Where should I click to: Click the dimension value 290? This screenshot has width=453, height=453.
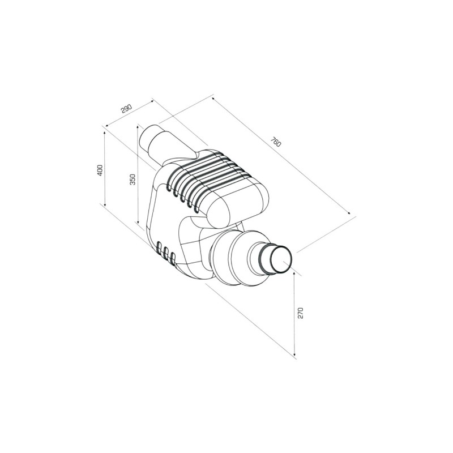(x=126, y=107)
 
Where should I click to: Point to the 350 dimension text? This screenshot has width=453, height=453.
(x=133, y=179)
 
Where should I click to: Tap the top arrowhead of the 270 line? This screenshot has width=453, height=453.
(x=295, y=275)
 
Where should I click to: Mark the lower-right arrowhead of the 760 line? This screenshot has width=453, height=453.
(x=351, y=215)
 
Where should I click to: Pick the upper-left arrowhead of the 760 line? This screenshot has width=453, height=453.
(x=213, y=98)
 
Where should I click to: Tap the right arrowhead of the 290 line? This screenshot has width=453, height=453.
(x=153, y=101)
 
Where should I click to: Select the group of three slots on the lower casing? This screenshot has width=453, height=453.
(x=165, y=253)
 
